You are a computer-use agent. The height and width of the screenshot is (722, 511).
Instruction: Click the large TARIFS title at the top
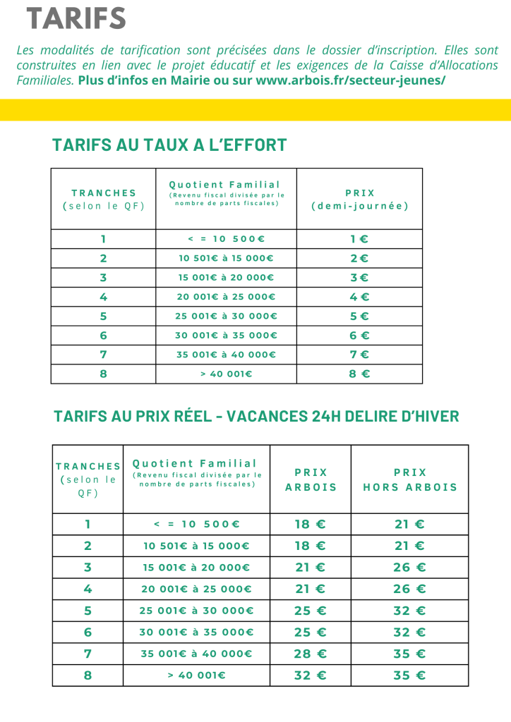click(x=76, y=19)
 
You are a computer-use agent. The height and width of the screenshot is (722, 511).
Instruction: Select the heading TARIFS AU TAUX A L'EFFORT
click(x=169, y=145)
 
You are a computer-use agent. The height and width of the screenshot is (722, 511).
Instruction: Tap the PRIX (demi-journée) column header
click(x=359, y=200)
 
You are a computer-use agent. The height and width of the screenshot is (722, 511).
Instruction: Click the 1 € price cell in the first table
click(x=359, y=239)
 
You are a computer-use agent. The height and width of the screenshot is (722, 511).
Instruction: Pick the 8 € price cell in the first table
click(x=359, y=374)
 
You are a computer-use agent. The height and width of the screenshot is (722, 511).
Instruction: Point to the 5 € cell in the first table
click(x=359, y=316)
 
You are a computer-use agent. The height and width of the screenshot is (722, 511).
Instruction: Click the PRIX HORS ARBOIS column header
click(x=409, y=479)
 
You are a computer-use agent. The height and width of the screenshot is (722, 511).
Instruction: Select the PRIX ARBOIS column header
click(x=311, y=479)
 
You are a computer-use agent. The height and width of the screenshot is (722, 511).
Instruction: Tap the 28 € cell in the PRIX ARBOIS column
click(x=311, y=654)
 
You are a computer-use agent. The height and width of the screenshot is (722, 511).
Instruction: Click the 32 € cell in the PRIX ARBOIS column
click(x=311, y=675)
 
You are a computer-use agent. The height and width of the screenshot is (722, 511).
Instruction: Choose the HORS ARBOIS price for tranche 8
click(x=409, y=675)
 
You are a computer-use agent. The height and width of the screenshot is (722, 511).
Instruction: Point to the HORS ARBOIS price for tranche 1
click(x=409, y=524)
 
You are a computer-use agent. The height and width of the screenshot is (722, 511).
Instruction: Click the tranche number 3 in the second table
click(x=88, y=568)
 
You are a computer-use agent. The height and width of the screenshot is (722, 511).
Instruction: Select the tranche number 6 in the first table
click(x=103, y=336)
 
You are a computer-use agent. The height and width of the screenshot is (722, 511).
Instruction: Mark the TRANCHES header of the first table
click(x=103, y=200)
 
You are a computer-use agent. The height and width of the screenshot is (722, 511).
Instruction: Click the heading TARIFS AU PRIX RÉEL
click(x=132, y=416)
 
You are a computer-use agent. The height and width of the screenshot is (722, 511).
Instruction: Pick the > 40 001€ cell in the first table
click(x=226, y=374)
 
